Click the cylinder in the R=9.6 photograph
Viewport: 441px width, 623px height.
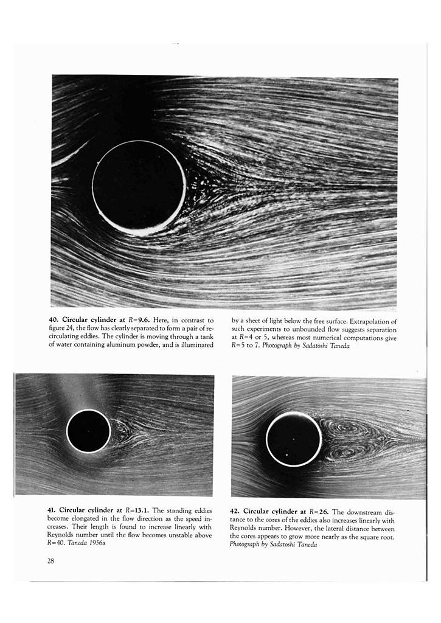click(139, 187)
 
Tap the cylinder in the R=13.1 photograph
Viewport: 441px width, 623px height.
click(88, 431)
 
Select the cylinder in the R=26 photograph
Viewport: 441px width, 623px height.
click(294, 439)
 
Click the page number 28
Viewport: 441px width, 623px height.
click(50, 561)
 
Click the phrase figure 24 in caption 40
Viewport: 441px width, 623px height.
click(63, 329)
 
